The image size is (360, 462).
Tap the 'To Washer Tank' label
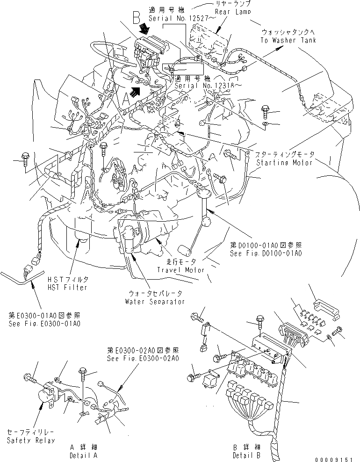[288, 40]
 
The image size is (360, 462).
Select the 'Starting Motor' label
[285, 162]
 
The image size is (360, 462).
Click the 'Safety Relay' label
[30, 440]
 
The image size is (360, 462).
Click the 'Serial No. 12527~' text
[175, 18]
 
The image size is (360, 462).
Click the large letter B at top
[137, 18]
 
